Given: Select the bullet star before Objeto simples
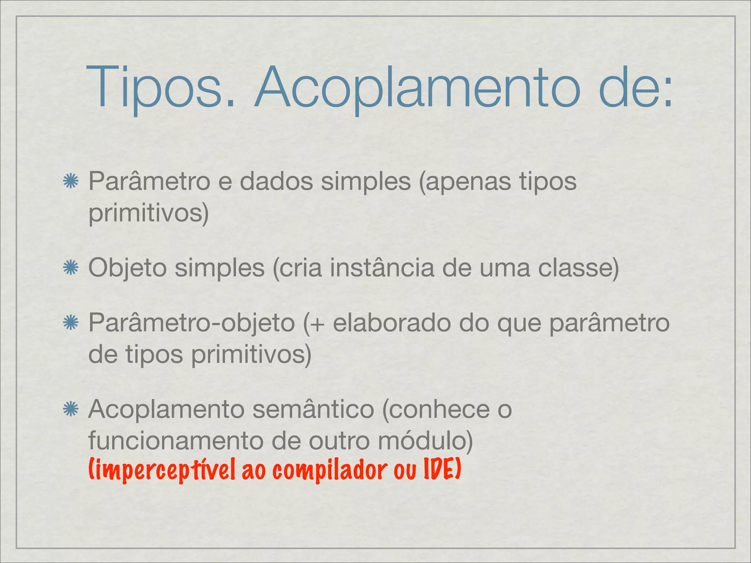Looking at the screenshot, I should (x=70, y=268).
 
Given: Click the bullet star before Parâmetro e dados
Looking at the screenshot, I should (x=70, y=182).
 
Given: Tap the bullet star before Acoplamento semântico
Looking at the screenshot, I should (x=70, y=409).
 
